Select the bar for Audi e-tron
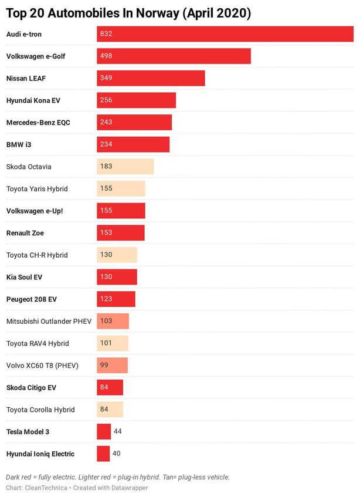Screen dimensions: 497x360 coord(225,34)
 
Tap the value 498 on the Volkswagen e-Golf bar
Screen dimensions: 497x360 coord(106,56)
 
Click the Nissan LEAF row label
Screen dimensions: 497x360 coord(29,79)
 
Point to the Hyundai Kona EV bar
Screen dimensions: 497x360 coord(136,100)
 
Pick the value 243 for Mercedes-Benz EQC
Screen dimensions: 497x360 coord(106,123)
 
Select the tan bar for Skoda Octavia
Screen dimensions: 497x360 coord(125,167)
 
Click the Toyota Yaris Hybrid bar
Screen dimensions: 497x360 coord(121,189)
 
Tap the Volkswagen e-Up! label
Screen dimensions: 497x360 coord(34,211)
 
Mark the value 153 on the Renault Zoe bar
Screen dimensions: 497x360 coord(106,233)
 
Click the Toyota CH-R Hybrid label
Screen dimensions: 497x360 coord(37,255)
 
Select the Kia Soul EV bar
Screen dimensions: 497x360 coord(117,277)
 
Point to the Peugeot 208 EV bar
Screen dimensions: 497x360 coord(116,299)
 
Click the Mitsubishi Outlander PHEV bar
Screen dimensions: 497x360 coord(113,322)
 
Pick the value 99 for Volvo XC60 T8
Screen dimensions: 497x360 coord(104,366)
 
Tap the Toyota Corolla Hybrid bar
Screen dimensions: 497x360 coord(110,410)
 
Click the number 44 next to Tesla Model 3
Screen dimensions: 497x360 coord(117,432)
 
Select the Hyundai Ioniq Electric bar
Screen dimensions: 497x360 coord(103,454)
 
